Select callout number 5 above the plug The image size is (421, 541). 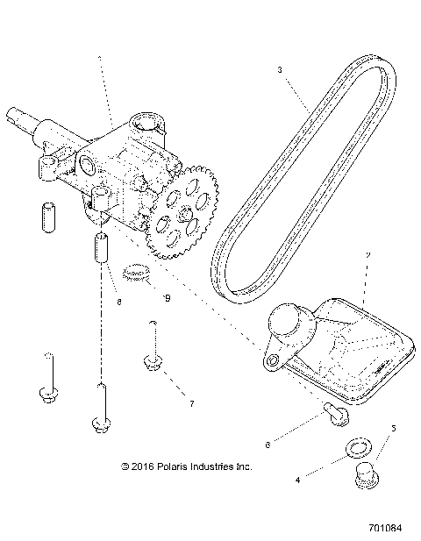point(394,429)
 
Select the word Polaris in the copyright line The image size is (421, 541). point(171,466)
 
